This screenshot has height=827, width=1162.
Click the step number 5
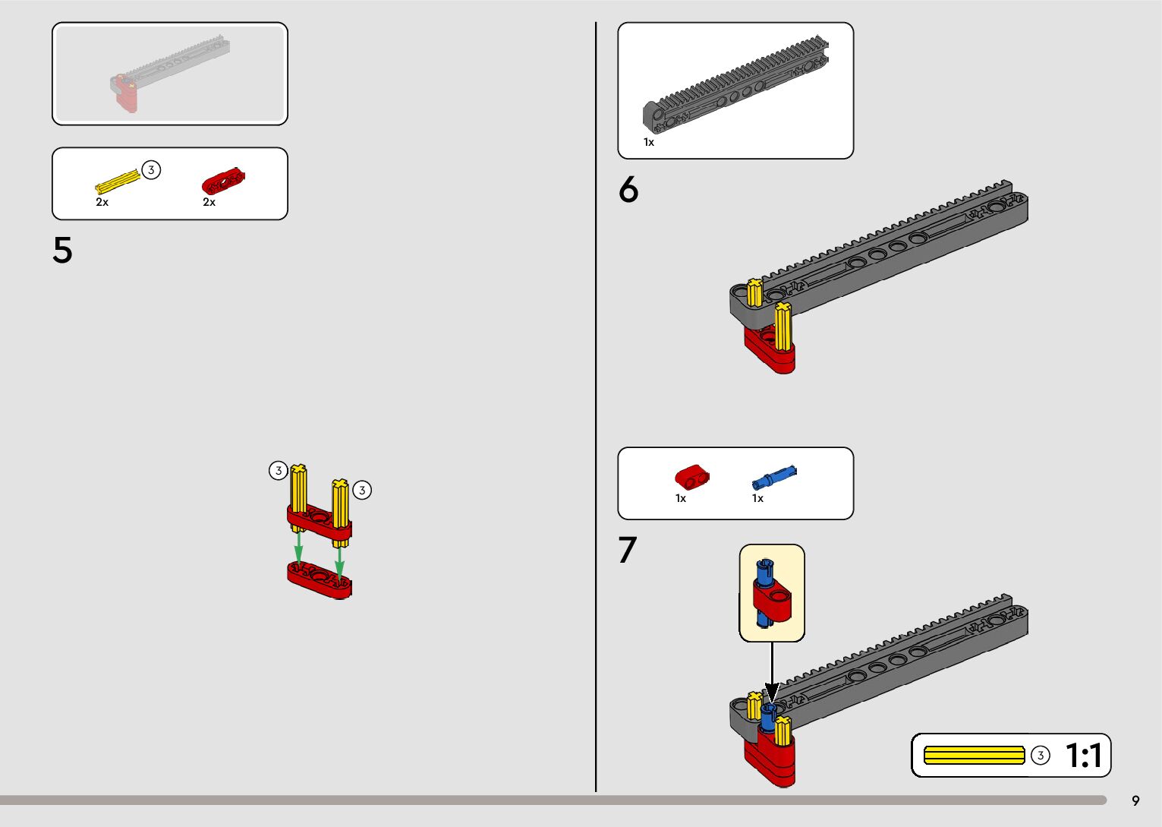pos(62,251)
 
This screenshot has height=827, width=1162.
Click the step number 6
pos(628,189)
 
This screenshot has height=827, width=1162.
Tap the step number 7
pos(627,550)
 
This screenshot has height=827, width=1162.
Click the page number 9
pos(1135,801)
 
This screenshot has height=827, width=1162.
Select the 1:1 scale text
pos(1083,756)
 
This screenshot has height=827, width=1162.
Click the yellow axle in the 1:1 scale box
pos(975,756)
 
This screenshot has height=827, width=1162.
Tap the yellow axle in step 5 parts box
pos(118,181)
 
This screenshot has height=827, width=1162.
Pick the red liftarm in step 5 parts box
pos(223,181)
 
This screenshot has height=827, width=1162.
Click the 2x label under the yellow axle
pos(102,202)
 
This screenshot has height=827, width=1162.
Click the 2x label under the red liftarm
pos(209,202)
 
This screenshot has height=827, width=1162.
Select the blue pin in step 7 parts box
pos(774,477)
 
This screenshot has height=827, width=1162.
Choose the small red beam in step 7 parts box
pos(692,477)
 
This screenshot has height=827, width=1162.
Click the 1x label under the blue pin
pos(758,498)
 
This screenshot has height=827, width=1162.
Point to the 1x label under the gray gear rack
pos(649,142)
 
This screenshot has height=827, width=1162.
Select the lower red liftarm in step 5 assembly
pos(320,579)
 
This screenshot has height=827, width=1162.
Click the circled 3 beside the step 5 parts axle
pos(151,170)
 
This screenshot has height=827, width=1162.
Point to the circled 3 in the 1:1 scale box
pos(1040,756)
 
